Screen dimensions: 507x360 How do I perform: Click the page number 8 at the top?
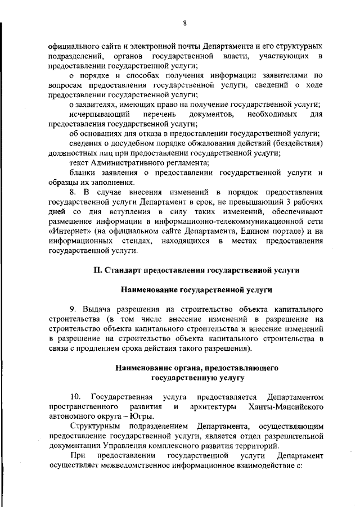(x=184, y=22)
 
